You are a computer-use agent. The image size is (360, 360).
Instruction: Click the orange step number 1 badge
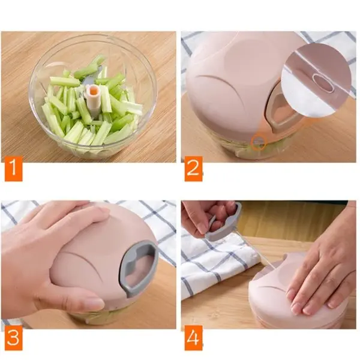pyautogui.click(x=14, y=169)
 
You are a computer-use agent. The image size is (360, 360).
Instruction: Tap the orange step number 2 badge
pyautogui.click(x=194, y=169)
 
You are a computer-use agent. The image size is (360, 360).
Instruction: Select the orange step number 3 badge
pyautogui.click(x=14, y=338)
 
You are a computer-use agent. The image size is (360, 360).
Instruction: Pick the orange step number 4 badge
pyautogui.click(x=194, y=338)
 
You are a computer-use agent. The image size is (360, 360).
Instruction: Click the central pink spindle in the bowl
pyautogui.click(x=93, y=99)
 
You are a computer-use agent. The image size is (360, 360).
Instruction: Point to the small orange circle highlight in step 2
pyautogui.click(x=259, y=143)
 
